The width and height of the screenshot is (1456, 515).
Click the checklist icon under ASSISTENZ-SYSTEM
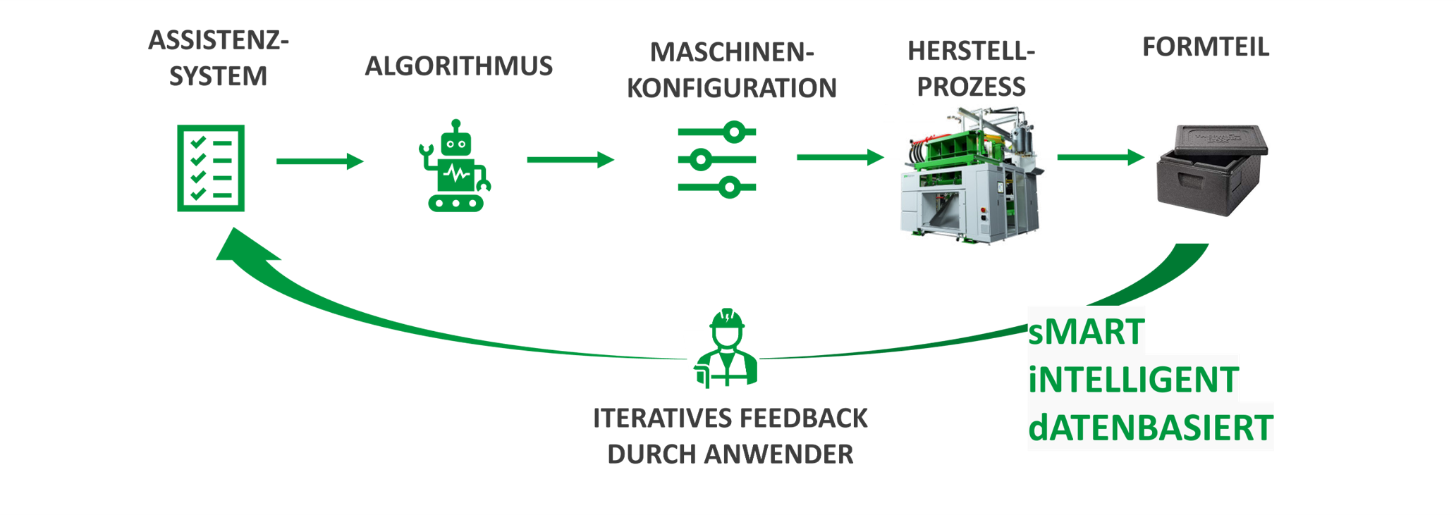point(211,168)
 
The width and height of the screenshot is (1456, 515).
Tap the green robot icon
point(455,168)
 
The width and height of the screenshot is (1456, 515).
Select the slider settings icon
point(717,160)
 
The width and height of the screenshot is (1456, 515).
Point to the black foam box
point(1210,170)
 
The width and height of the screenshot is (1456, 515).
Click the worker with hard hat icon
point(726,348)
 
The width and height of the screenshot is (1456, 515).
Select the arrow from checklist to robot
point(319,161)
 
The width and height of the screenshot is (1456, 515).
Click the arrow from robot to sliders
point(570,160)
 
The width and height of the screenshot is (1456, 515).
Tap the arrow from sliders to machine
point(840,157)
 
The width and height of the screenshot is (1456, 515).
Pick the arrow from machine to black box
point(1100,157)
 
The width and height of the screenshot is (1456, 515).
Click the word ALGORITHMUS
point(458,66)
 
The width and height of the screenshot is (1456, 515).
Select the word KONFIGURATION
point(731,89)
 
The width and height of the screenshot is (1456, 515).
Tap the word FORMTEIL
point(1205,47)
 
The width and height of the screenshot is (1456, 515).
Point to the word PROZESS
point(971,87)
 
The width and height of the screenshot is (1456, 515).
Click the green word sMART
point(1086,332)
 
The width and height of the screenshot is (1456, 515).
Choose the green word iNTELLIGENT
point(1133,380)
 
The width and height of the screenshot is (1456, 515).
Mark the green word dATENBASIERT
point(1150,428)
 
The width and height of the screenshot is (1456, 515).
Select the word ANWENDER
point(778,454)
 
